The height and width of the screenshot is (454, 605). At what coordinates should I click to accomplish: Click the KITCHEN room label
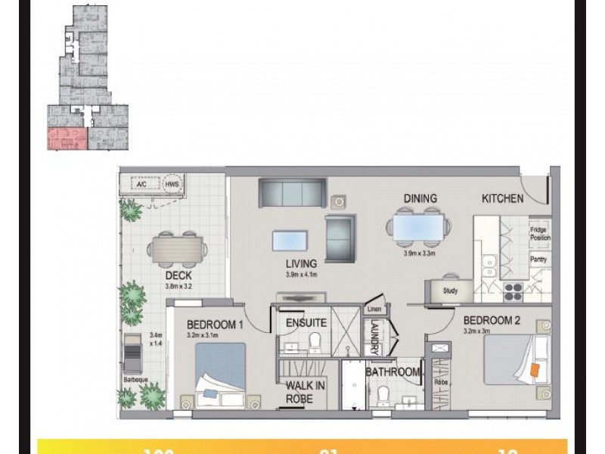click(503, 199)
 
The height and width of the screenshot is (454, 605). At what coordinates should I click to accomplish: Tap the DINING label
click(420, 199)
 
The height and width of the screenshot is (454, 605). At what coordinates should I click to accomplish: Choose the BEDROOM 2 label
click(491, 319)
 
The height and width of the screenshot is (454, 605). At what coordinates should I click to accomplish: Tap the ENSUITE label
click(306, 322)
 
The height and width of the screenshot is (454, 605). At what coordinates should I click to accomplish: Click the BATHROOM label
click(392, 372)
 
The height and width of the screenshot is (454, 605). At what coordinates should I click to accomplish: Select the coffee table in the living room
click(290, 238)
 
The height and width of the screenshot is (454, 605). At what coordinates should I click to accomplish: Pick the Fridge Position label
click(540, 233)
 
